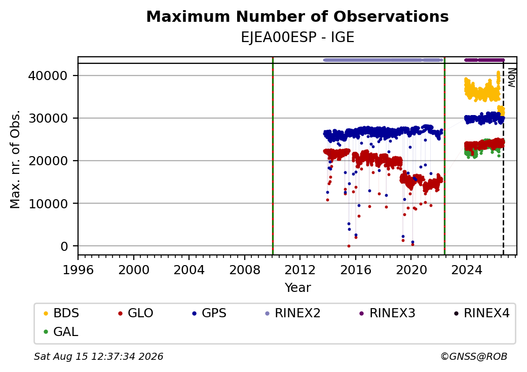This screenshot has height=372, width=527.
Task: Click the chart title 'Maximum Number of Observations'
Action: [297, 16]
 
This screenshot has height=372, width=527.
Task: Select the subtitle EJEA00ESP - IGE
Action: [297, 38]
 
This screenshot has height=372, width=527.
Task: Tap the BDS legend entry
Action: [61, 313]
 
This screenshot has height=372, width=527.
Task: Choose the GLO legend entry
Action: [136, 313]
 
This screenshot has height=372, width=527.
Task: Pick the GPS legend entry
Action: [209, 313]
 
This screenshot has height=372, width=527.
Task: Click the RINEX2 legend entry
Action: [293, 313]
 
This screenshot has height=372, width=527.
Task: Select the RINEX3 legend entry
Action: [387, 313]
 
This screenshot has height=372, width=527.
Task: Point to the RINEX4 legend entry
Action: [481, 313]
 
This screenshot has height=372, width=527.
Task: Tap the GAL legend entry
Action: [61, 331]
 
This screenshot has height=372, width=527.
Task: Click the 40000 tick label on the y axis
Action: [48, 76]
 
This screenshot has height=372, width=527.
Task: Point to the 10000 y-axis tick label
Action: [48, 204]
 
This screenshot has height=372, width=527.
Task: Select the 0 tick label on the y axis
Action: [64, 246]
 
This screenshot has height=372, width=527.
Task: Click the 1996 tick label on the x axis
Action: [78, 270]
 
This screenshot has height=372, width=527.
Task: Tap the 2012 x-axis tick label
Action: [300, 270]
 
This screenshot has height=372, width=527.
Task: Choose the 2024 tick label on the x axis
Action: [467, 270]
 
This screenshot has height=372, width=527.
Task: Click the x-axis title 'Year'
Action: [298, 288]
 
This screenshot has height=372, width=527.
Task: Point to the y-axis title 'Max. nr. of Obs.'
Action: [15, 159]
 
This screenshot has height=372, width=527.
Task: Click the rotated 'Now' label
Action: [511, 78]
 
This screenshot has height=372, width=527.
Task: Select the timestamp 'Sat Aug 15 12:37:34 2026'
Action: [98, 356]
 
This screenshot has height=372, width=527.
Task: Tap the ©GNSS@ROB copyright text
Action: [474, 356]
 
